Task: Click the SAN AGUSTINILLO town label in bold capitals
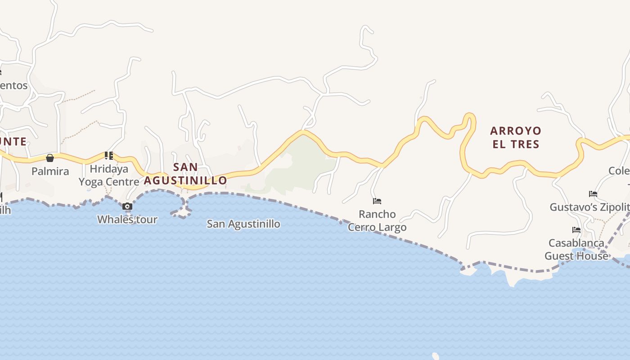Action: (185, 174)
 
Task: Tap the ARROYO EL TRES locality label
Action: (515, 137)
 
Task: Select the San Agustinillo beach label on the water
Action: (243, 224)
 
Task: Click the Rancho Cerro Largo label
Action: (377, 220)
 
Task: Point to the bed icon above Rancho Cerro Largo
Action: (377, 201)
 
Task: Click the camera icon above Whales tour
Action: (127, 207)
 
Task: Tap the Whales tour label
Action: (127, 220)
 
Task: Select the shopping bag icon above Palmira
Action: (50, 158)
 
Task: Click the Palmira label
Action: (50, 171)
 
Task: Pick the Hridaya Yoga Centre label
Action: (109, 175)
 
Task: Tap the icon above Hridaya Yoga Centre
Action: (108, 156)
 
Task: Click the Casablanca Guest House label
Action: (576, 249)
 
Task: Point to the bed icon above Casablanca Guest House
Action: (576, 230)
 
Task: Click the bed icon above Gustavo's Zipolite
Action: (593, 194)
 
